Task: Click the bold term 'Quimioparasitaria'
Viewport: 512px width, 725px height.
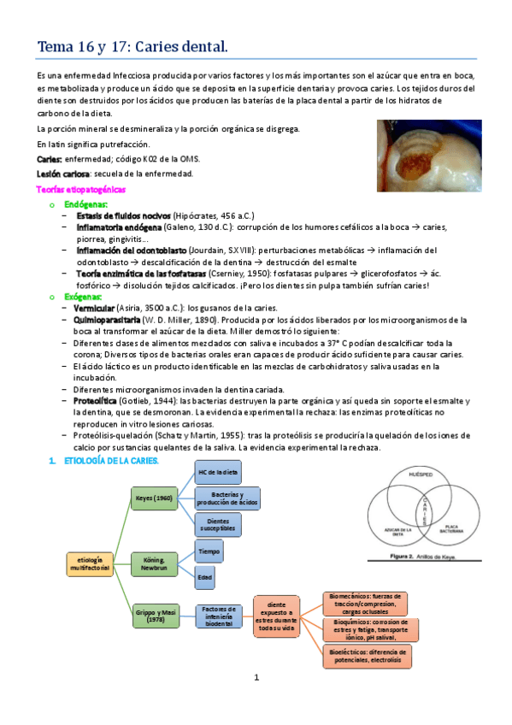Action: (x=109, y=319)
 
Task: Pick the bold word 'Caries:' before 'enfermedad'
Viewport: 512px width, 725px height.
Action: (x=49, y=160)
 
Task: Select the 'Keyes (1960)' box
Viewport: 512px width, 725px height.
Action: (x=155, y=498)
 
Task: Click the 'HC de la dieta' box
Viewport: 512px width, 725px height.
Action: (x=219, y=473)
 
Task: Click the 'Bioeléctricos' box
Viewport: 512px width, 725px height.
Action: (x=368, y=655)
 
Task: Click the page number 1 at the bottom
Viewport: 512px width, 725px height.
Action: (x=256, y=677)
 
